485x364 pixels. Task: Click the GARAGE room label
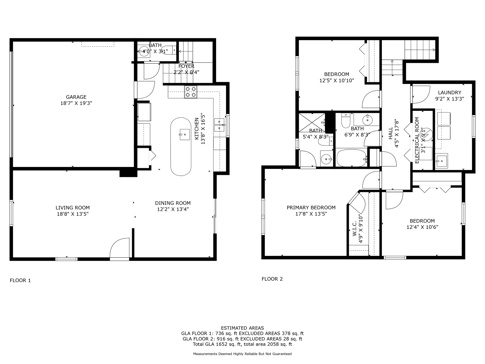[x=76, y=97]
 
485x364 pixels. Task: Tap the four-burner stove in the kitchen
[x=191, y=92]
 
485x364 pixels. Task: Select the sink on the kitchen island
[x=185, y=134]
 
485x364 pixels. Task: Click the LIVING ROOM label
[x=72, y=208]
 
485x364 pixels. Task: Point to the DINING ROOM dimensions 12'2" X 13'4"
[x=173, y=209]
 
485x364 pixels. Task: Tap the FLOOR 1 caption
[x=20, y=280]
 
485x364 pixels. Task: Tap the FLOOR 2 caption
[x=272, y=279]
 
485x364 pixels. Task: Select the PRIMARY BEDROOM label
[x=311, y=208]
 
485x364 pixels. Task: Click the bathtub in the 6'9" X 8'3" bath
[x=351, y=158]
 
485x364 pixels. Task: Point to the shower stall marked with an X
[x=312, y=122]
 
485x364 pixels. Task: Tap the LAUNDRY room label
[x=449, y=92]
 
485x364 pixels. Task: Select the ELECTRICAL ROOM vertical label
[x=417, y=140]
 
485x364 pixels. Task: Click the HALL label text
[x=390, y=133]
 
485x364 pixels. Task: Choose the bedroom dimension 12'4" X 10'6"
[x=422, y=227]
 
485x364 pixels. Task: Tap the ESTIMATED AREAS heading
[x=242, y=328]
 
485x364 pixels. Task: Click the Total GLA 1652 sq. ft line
[x=242, y=344]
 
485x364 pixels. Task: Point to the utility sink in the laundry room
[x=441, y=161]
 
